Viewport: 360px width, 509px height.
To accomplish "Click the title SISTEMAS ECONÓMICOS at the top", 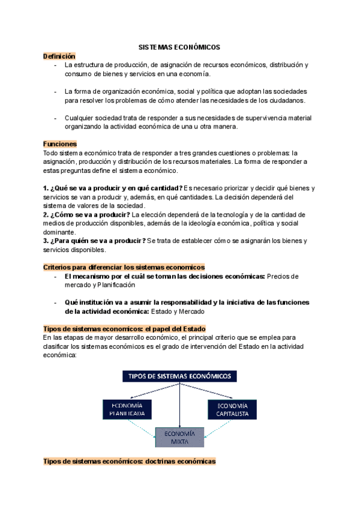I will point(179,46).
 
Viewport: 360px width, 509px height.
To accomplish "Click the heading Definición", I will point(59,56).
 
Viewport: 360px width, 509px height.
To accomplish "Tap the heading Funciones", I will point(60,144).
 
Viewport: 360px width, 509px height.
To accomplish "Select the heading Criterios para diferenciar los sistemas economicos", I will point(124,267).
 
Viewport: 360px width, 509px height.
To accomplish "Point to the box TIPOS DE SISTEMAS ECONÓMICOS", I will point(179,376).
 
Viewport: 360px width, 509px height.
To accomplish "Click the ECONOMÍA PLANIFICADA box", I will point(127,410).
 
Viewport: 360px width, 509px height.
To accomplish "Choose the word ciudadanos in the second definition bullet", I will point(286,100).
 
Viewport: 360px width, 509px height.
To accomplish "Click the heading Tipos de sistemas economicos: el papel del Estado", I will point(124,328).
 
